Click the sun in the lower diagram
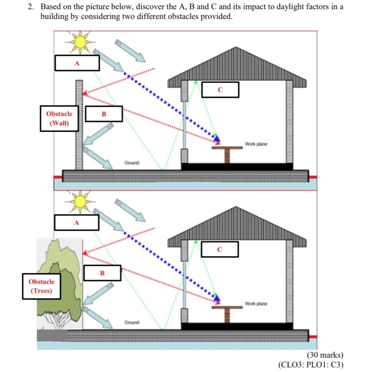[x=80, y=201]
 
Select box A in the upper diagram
[x=77, y=63]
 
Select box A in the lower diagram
[x=76, y=222]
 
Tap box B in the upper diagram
[x=104, y=113]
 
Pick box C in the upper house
[x=220, y=89]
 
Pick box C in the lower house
[x=219, y=248]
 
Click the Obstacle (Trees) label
[x=41, y=286]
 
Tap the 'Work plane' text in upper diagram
[x=256, y=144]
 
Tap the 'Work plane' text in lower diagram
[x=256, y=303]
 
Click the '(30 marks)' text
[x=325, y=354]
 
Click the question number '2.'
[x=31, y=7]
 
